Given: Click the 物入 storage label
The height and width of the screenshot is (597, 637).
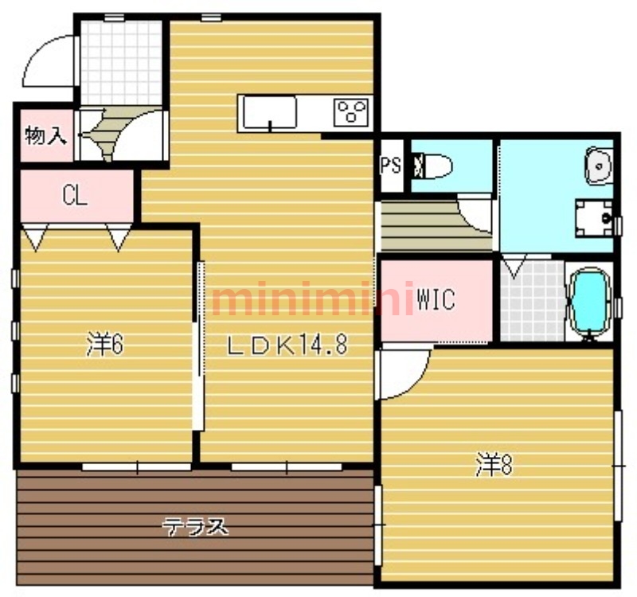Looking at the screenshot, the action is tap(46, 135).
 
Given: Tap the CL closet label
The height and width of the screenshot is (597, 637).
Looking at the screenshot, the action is tap(75, 196).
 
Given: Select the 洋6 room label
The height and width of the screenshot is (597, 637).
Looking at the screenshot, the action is tap(105, 345).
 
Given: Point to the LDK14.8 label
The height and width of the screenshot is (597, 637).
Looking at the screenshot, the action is tap(287, 345).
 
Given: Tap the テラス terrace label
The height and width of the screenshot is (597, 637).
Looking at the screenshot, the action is tap(195, 527).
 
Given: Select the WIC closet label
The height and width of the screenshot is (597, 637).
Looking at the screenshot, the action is tap(436, 300).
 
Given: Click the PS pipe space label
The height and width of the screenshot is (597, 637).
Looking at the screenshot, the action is tap(391, 166).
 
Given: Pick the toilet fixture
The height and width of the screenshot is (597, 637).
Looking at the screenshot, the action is tap(432, 166).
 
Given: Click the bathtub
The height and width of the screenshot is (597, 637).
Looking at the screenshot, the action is tap(589, 302).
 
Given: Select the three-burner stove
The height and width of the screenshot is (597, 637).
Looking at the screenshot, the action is tap(351, 112).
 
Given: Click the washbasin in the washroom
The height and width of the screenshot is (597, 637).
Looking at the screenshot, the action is tap(599, 166).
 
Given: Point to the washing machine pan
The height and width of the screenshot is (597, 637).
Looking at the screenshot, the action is tap(594, 218).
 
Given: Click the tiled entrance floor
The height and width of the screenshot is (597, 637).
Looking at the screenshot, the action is tap(122, 62).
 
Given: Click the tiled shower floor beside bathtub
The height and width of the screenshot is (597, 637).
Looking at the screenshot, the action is tap(532, 301).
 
